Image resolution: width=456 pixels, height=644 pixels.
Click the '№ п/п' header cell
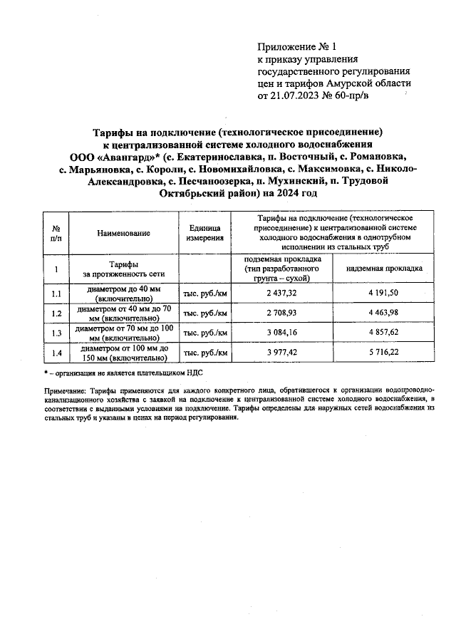pos(56,233)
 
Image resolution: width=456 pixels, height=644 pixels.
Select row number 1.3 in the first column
pos(56,333)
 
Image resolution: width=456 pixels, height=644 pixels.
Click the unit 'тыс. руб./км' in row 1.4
pos(206,352)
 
